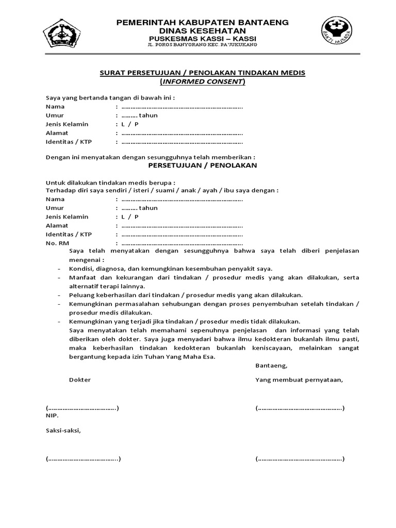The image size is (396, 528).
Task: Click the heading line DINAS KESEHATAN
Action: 202,31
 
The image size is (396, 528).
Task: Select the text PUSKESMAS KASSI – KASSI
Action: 202,39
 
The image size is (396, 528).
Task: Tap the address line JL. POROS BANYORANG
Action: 202,45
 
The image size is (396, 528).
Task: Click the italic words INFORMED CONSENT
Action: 202,81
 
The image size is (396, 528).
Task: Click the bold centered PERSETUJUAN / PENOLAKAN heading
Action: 202,166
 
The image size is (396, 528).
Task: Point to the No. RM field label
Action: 57,243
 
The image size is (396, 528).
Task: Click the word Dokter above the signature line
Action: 79,380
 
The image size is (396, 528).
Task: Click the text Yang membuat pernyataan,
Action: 299,380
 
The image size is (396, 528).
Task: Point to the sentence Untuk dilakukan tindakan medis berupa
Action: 110,183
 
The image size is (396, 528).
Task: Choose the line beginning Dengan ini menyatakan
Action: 150,157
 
